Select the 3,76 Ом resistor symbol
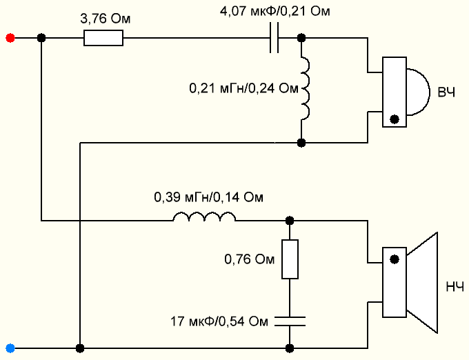coord(103,39)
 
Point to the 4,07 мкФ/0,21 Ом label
coord(275,12)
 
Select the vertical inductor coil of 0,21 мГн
coord(304,89)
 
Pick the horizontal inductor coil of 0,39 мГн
coord(203,219)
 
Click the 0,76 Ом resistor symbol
coord(290,259)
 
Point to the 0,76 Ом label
coord(250,260)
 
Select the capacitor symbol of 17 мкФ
coord(290,320)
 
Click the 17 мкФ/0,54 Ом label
coord(218,321)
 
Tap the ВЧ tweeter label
coord(445,92)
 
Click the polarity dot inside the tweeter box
coord(394,119)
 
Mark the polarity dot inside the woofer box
coord(394,260)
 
